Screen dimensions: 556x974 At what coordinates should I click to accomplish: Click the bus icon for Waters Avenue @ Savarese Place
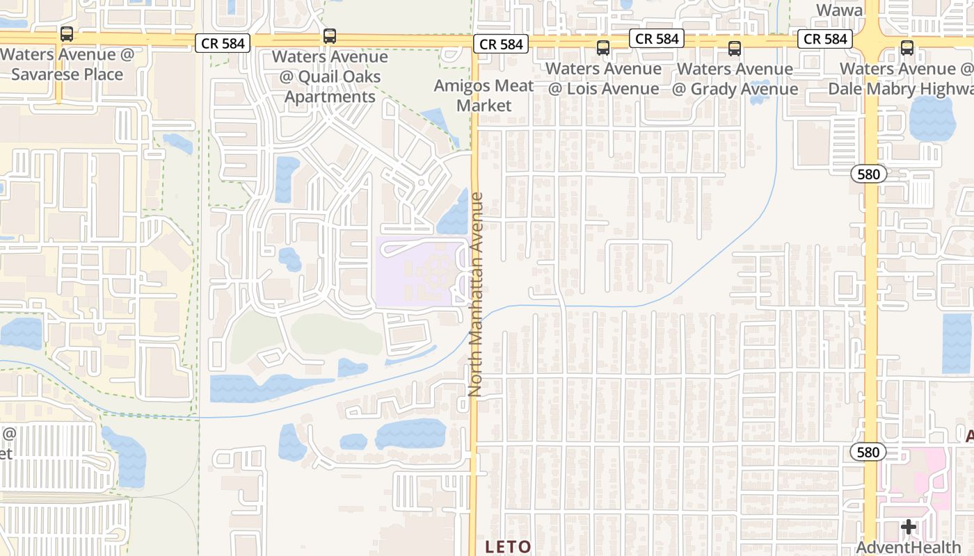coord(67,33)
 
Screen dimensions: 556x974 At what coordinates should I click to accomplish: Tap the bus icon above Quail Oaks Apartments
coord(330,36)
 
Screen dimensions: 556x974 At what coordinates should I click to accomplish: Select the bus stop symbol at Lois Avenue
coord(603,48)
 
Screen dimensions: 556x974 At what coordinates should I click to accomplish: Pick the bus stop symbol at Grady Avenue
coord(735,48)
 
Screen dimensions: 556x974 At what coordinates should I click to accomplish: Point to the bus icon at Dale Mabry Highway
coord(907,48)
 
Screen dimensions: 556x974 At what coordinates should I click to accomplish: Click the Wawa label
coord(839,10)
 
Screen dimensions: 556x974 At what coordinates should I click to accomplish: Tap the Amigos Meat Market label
coord(484,96)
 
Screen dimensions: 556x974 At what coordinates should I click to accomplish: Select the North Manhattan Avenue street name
coord(476,294)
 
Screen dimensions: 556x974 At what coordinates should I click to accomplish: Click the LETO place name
coord(508,547)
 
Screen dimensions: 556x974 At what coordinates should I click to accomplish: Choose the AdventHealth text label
coord(908,548)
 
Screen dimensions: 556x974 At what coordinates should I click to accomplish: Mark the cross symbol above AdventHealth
coord(909,528)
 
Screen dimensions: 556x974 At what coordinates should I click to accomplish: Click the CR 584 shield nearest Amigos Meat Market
coord(501,44)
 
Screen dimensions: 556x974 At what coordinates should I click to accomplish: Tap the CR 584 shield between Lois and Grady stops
coord(657,39)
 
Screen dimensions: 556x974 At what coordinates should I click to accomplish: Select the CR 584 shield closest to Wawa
coord(825,39)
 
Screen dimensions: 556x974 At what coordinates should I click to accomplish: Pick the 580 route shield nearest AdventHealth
coord(868,452)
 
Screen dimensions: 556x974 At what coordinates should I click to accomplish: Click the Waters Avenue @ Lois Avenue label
coord(603,79)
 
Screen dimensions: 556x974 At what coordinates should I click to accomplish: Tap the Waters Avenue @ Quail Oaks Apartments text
coord(330,76)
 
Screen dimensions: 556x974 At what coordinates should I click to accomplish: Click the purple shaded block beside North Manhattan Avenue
coord(417,272)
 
